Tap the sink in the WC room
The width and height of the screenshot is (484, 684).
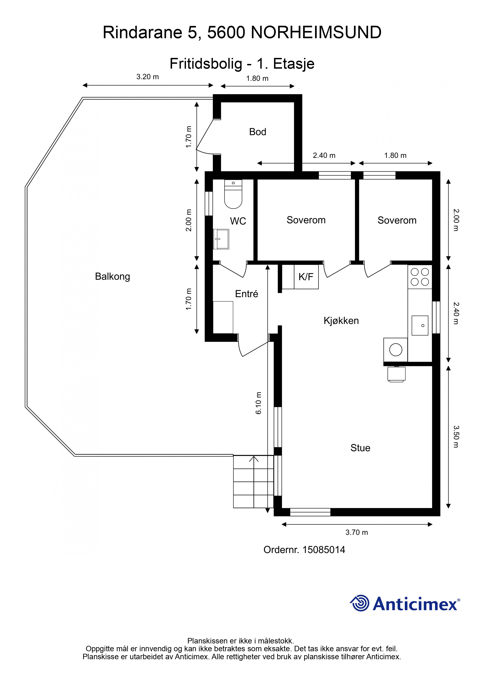pos(221,239)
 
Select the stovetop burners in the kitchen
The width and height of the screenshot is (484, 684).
pos(420,277)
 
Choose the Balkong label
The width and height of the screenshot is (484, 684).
pos(112,277)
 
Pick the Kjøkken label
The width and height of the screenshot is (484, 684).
pos(341,321)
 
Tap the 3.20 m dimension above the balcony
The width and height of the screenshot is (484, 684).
pos(148,77)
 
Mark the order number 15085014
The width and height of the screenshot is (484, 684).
pos(324,550)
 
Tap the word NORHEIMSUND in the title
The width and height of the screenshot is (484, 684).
pos(316,33)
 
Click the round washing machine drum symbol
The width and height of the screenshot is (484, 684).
pos(396,350)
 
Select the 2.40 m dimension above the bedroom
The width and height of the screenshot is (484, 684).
pos(324,156)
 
